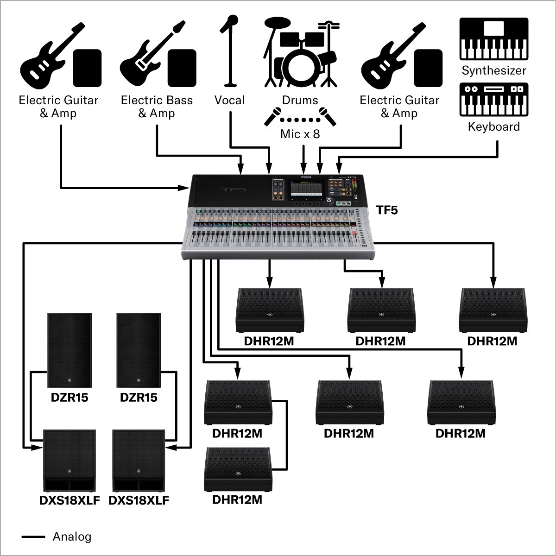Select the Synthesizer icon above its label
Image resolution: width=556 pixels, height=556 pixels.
coord(493,39)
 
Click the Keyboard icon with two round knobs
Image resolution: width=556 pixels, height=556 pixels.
coord(493,99)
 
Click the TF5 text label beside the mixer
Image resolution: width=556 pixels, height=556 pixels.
coord(387,210)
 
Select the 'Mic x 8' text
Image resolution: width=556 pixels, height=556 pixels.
coord(300,134)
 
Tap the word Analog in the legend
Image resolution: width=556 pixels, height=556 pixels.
coord(72,537)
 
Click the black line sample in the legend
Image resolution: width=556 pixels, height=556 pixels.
coord(33,537)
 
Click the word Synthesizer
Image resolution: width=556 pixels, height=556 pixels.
coord(493,71)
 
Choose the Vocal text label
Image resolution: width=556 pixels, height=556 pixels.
coord(229,100)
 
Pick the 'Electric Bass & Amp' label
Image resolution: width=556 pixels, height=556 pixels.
coord(157,107)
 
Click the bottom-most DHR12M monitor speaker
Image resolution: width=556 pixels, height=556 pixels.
coord(237,469)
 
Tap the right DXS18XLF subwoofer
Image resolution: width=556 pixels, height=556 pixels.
coord(139,460)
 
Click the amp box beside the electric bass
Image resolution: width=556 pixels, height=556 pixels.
coord(182,68)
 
